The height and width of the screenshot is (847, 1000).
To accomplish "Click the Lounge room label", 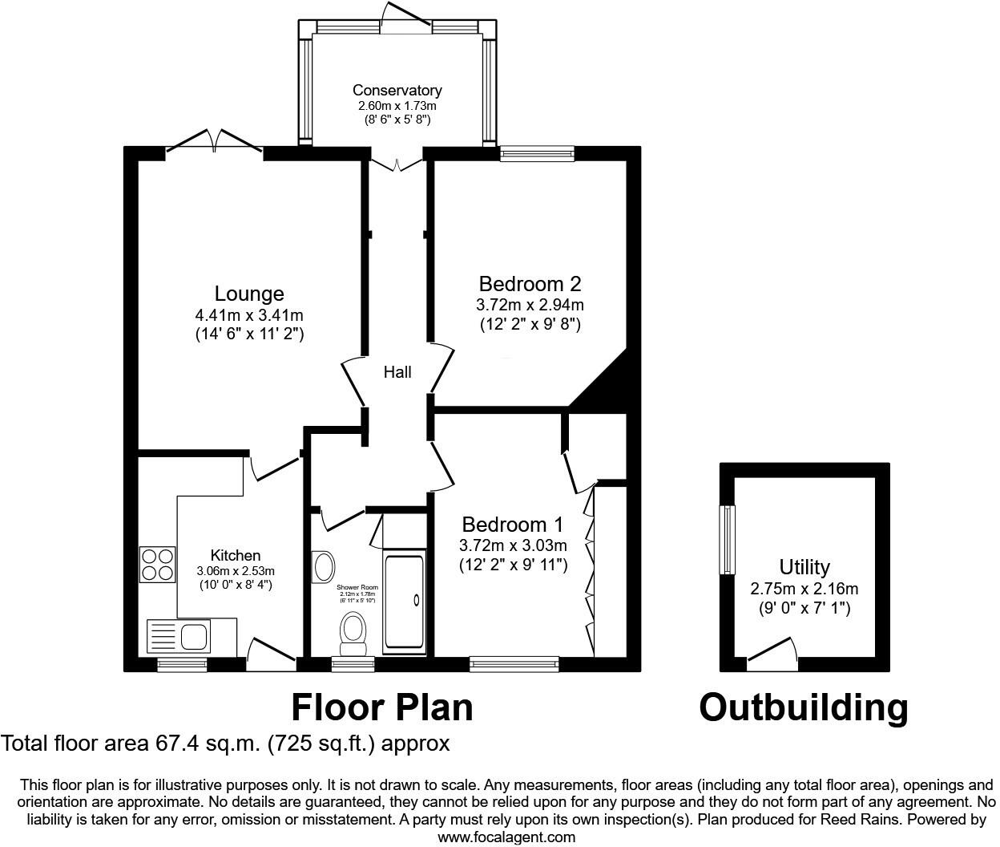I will click(249, 294).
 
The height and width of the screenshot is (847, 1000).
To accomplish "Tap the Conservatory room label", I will click(397, 91).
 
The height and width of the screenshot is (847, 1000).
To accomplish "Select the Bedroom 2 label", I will click(530, 284).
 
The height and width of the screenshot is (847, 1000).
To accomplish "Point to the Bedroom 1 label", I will click(513, 525).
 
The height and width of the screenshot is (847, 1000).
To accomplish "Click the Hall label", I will click(397, 372).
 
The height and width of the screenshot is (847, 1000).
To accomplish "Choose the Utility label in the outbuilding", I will click(804, 568).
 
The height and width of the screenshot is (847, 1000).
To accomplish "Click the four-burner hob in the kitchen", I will click(157, 564).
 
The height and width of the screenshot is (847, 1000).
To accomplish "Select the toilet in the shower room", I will click(353, 633).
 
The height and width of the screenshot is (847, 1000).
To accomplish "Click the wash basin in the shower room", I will click(324, 567).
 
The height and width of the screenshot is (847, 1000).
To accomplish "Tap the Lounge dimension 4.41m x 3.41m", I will click(249, 315).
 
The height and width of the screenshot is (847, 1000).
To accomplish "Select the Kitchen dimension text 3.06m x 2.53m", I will click(236, 571).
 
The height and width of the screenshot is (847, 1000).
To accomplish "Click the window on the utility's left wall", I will click(728, 540).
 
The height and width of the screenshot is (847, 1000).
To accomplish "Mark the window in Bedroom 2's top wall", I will click(538, 153).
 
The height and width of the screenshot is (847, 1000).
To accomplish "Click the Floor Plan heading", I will click(381, 707).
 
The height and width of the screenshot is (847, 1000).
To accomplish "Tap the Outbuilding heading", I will click(804, 707).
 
